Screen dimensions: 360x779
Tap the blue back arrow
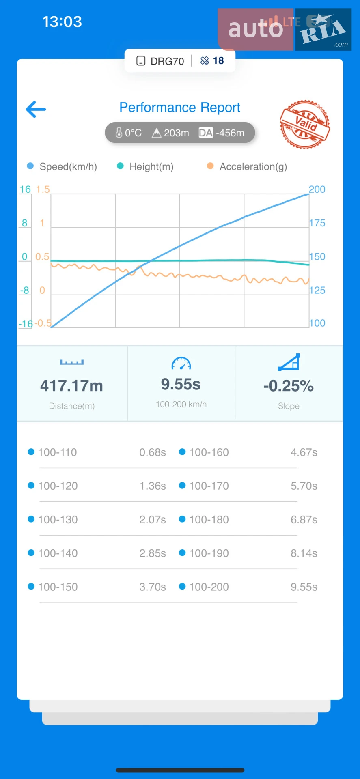[x=36, y=109]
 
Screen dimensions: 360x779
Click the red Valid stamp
[x=305, y=124]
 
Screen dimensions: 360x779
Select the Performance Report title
[x=180, y=108]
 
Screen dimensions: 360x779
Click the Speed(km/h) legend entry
[x=62, y=166]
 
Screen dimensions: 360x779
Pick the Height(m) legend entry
[x=145, y=166]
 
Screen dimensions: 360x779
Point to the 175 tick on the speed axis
[x=317, y=223]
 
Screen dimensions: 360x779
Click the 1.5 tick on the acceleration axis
[x=43, y=189]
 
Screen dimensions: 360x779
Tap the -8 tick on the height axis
[x=25, y=290]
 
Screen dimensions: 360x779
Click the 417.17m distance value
[x=71, y=386]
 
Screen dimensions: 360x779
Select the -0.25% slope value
[x=289, y=386]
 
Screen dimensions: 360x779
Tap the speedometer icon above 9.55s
[x=181, y=363]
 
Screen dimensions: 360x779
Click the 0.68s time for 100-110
[x=153, y=452]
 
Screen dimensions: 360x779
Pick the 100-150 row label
[x=58, y=587]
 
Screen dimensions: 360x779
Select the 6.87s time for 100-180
[x=304, y=520]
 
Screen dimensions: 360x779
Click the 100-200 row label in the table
[x=209, y=587]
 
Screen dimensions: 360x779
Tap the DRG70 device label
[x=167, y=61]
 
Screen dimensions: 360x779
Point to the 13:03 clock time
[x=62, y=22]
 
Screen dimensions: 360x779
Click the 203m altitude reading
[x=177, y=133]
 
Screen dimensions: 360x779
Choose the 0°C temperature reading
[x=133, y=133]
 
